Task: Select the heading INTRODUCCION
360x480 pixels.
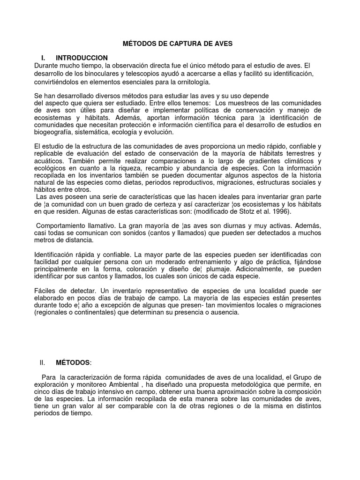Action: click(82, 58)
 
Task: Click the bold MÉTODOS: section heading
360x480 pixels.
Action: click(74, 362)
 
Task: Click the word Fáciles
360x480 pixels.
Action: click(46, 291)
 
